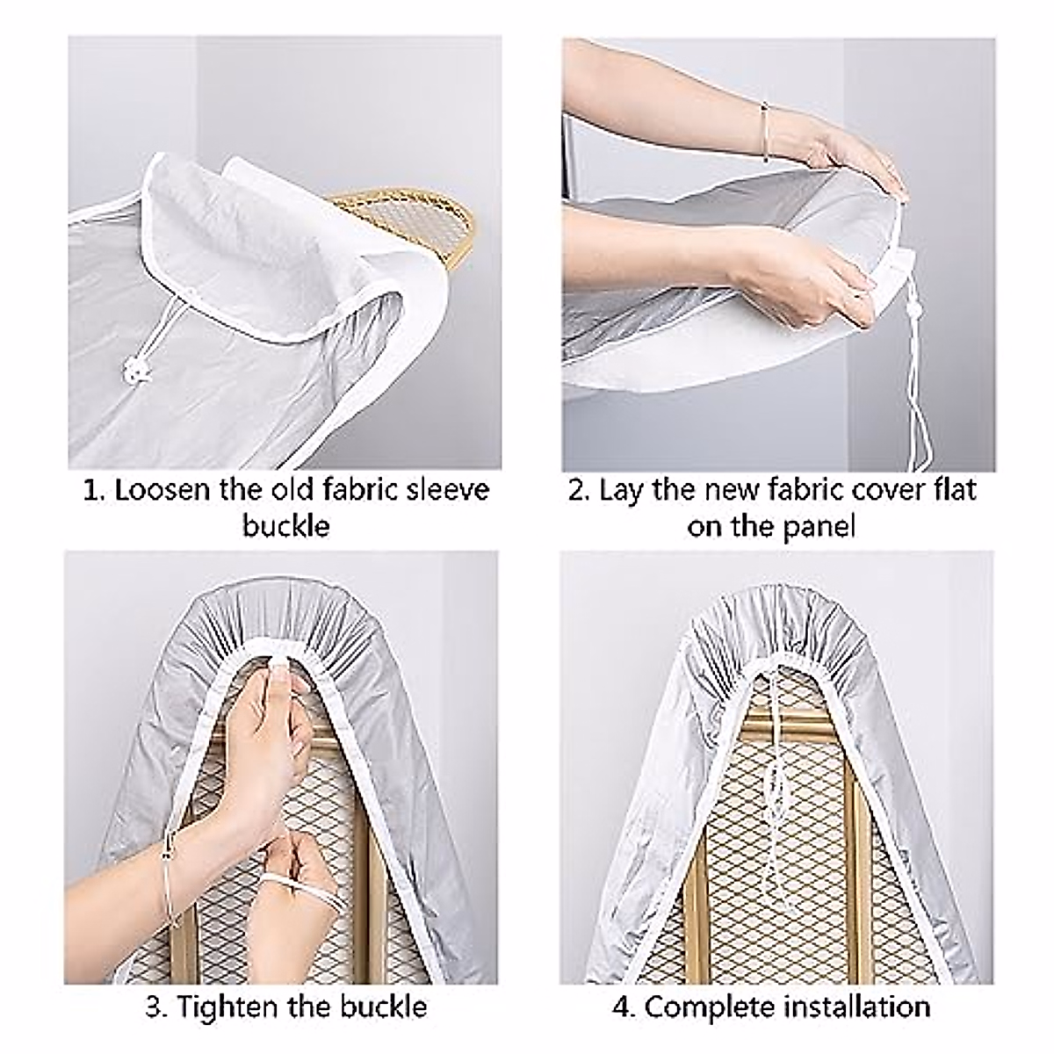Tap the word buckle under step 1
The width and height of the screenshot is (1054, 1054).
(x=285, y=526)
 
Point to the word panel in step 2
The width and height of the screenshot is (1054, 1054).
(x=813, y=527)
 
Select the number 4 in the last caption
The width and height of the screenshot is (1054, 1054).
(x=622, y=1007)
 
